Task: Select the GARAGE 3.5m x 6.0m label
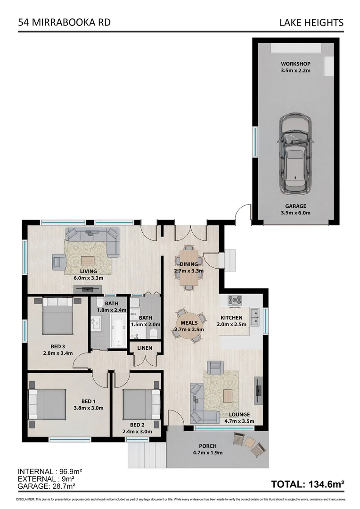295,209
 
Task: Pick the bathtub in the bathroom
118,331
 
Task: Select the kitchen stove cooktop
235,300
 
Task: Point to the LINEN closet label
145,348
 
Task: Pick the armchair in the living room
59,261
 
